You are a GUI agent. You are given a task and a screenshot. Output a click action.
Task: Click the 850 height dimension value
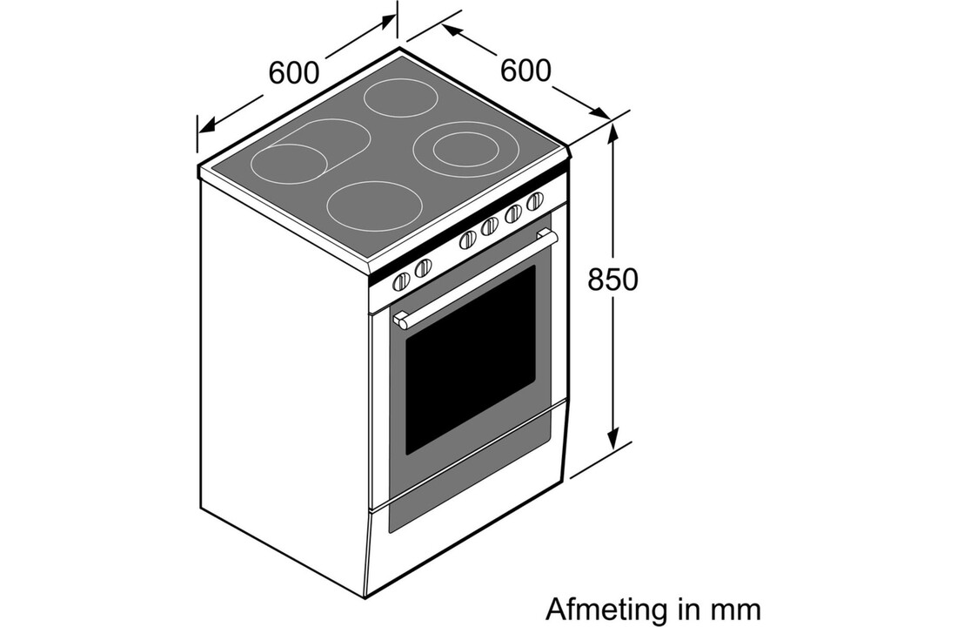click(x=612, y=280)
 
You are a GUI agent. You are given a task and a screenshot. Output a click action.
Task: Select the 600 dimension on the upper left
click(x=293, y=73)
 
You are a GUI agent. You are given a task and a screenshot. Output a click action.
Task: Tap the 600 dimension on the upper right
click(x=525, y=71)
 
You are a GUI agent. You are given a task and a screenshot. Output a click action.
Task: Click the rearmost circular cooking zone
click(x=401, y=98)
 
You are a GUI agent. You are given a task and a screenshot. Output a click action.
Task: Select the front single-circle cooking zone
click(x=374, y=206)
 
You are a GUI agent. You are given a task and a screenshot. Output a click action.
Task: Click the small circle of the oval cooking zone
click(x=288, y=164)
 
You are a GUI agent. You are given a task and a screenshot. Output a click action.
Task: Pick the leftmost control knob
click(x=401, y=282)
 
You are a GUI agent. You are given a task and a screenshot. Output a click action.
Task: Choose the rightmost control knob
click(x=535, y=201)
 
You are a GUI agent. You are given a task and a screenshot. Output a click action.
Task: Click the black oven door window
click(x=470, y=360)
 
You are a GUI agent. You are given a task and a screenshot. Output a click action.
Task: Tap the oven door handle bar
click(x=475, y=278)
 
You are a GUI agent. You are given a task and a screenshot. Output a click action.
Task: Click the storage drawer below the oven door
click(x=472, y=481)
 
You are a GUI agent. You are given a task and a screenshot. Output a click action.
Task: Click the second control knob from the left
click(x=423, y=267)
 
